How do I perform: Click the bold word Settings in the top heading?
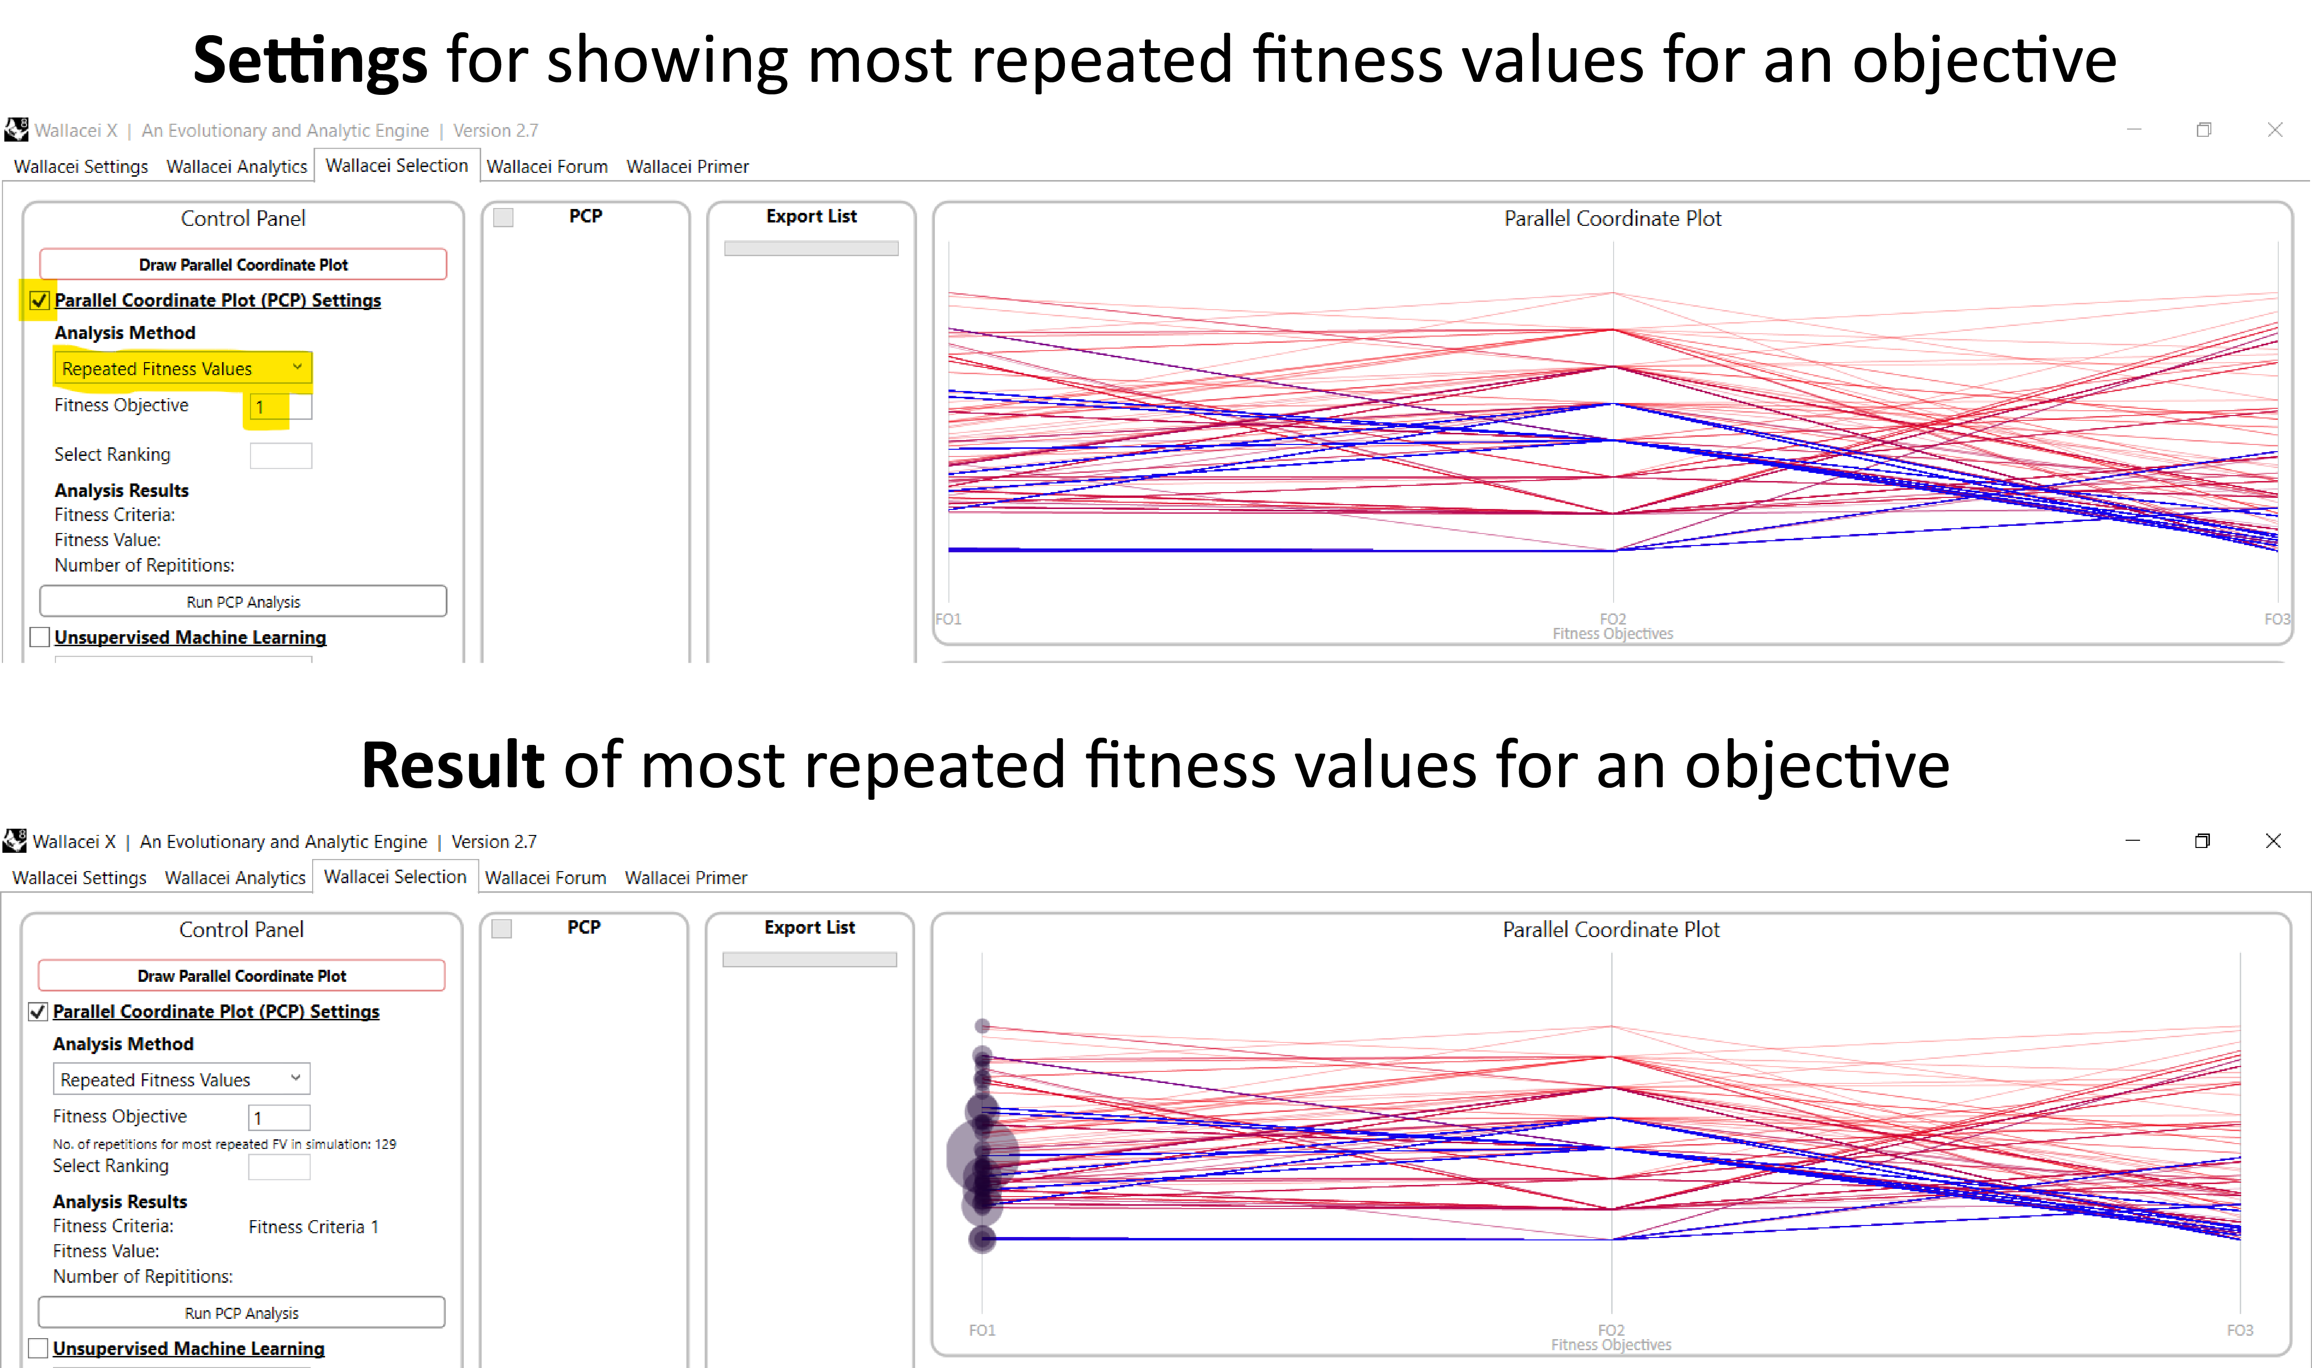click(x=310, y=61)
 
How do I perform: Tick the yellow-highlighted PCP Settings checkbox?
click(x=39, y=300)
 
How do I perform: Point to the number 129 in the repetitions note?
click(x=385, y=1144)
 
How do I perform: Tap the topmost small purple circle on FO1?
click(x=983, y=1026)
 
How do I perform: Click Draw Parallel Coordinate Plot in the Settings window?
click(x=243, y=264)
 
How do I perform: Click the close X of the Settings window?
click(x=2275, y=130)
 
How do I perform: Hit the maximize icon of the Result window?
click(x=2202, y=841)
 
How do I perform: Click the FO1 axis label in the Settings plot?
click(x=948, y=619)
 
